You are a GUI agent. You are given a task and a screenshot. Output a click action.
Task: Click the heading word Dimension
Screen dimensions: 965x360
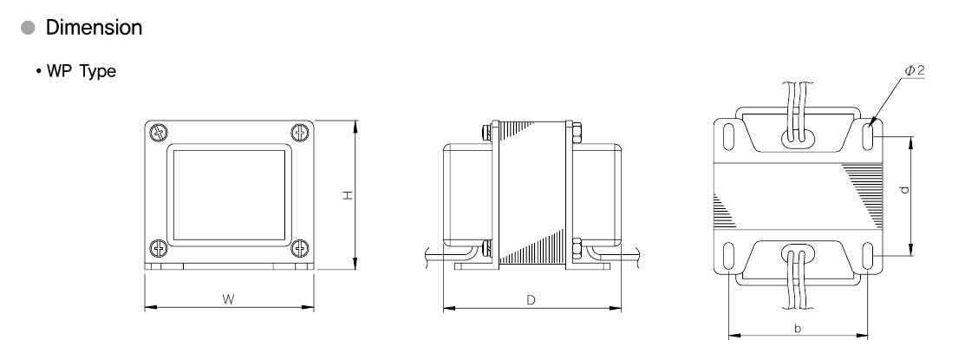(95, 28)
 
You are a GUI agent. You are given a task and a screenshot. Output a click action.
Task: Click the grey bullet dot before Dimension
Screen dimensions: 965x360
(29, 29)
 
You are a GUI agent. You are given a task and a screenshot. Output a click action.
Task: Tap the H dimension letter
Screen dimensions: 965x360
(349, 195)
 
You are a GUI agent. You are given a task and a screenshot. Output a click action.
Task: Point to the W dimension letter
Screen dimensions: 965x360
(228, 299)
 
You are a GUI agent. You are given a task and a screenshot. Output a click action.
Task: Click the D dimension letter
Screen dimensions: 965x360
(531, 300)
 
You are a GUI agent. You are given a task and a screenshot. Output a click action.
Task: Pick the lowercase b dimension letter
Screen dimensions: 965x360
(798, 329)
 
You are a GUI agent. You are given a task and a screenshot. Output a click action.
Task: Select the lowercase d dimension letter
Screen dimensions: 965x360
(904, 189)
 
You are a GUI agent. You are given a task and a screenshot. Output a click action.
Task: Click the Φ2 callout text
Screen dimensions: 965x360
(915, 71)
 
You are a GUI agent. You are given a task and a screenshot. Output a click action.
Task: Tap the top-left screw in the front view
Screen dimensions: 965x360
(159, 133)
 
